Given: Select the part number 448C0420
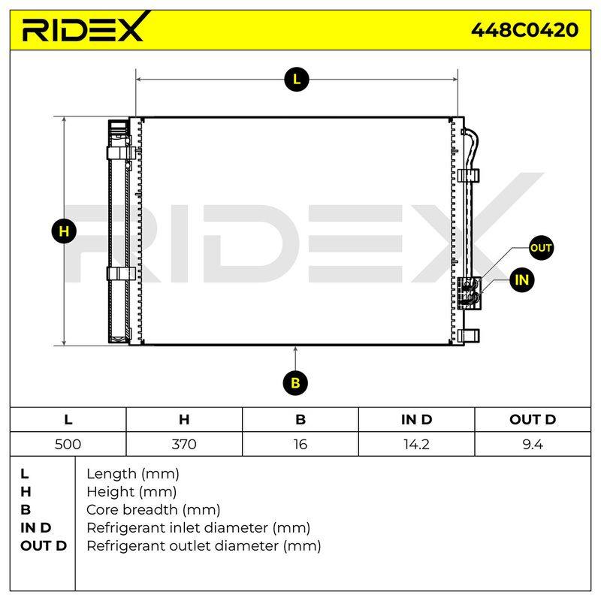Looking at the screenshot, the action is (x=524, y=30).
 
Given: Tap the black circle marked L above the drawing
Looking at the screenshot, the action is (x=296, y=80).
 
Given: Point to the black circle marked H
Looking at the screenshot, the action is (x=64, y=231).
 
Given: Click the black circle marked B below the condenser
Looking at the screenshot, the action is (x=295, y=383).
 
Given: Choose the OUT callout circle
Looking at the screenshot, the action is (x=540, y=248).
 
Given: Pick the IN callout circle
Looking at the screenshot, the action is (x=521, y=279).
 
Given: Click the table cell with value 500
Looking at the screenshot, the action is (x=68, y=444).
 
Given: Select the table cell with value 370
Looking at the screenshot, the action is (x=184, y=444).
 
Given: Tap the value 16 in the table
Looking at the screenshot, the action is (x=300, y=444).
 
